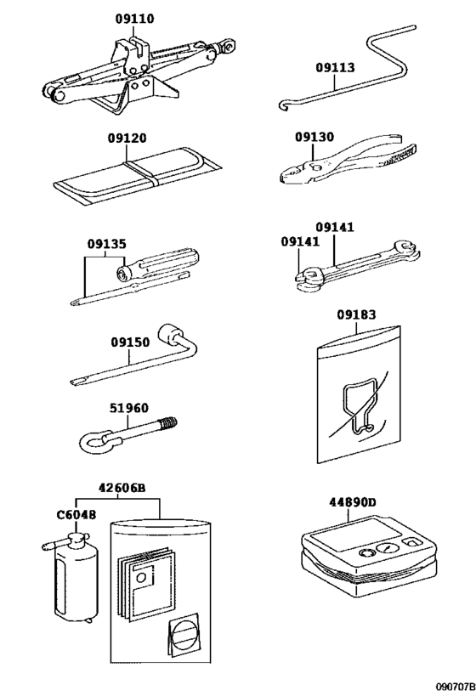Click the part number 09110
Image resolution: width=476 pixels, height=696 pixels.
134,19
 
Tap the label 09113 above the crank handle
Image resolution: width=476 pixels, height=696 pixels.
335,67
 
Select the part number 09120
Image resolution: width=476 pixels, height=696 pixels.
127,139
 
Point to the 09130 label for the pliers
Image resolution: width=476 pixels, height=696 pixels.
314,137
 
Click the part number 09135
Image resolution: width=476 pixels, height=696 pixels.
106,244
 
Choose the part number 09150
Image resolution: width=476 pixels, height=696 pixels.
130,342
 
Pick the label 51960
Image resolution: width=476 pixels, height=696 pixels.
129,408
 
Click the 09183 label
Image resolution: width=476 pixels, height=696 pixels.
356,314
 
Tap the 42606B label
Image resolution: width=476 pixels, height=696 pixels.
122,488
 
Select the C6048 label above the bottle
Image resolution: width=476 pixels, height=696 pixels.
76,515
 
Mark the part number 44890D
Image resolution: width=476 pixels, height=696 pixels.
352,502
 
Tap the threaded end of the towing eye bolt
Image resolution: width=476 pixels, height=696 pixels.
168,422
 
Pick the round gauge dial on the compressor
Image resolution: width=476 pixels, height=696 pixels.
388,549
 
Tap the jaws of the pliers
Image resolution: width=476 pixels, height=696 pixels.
294,173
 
